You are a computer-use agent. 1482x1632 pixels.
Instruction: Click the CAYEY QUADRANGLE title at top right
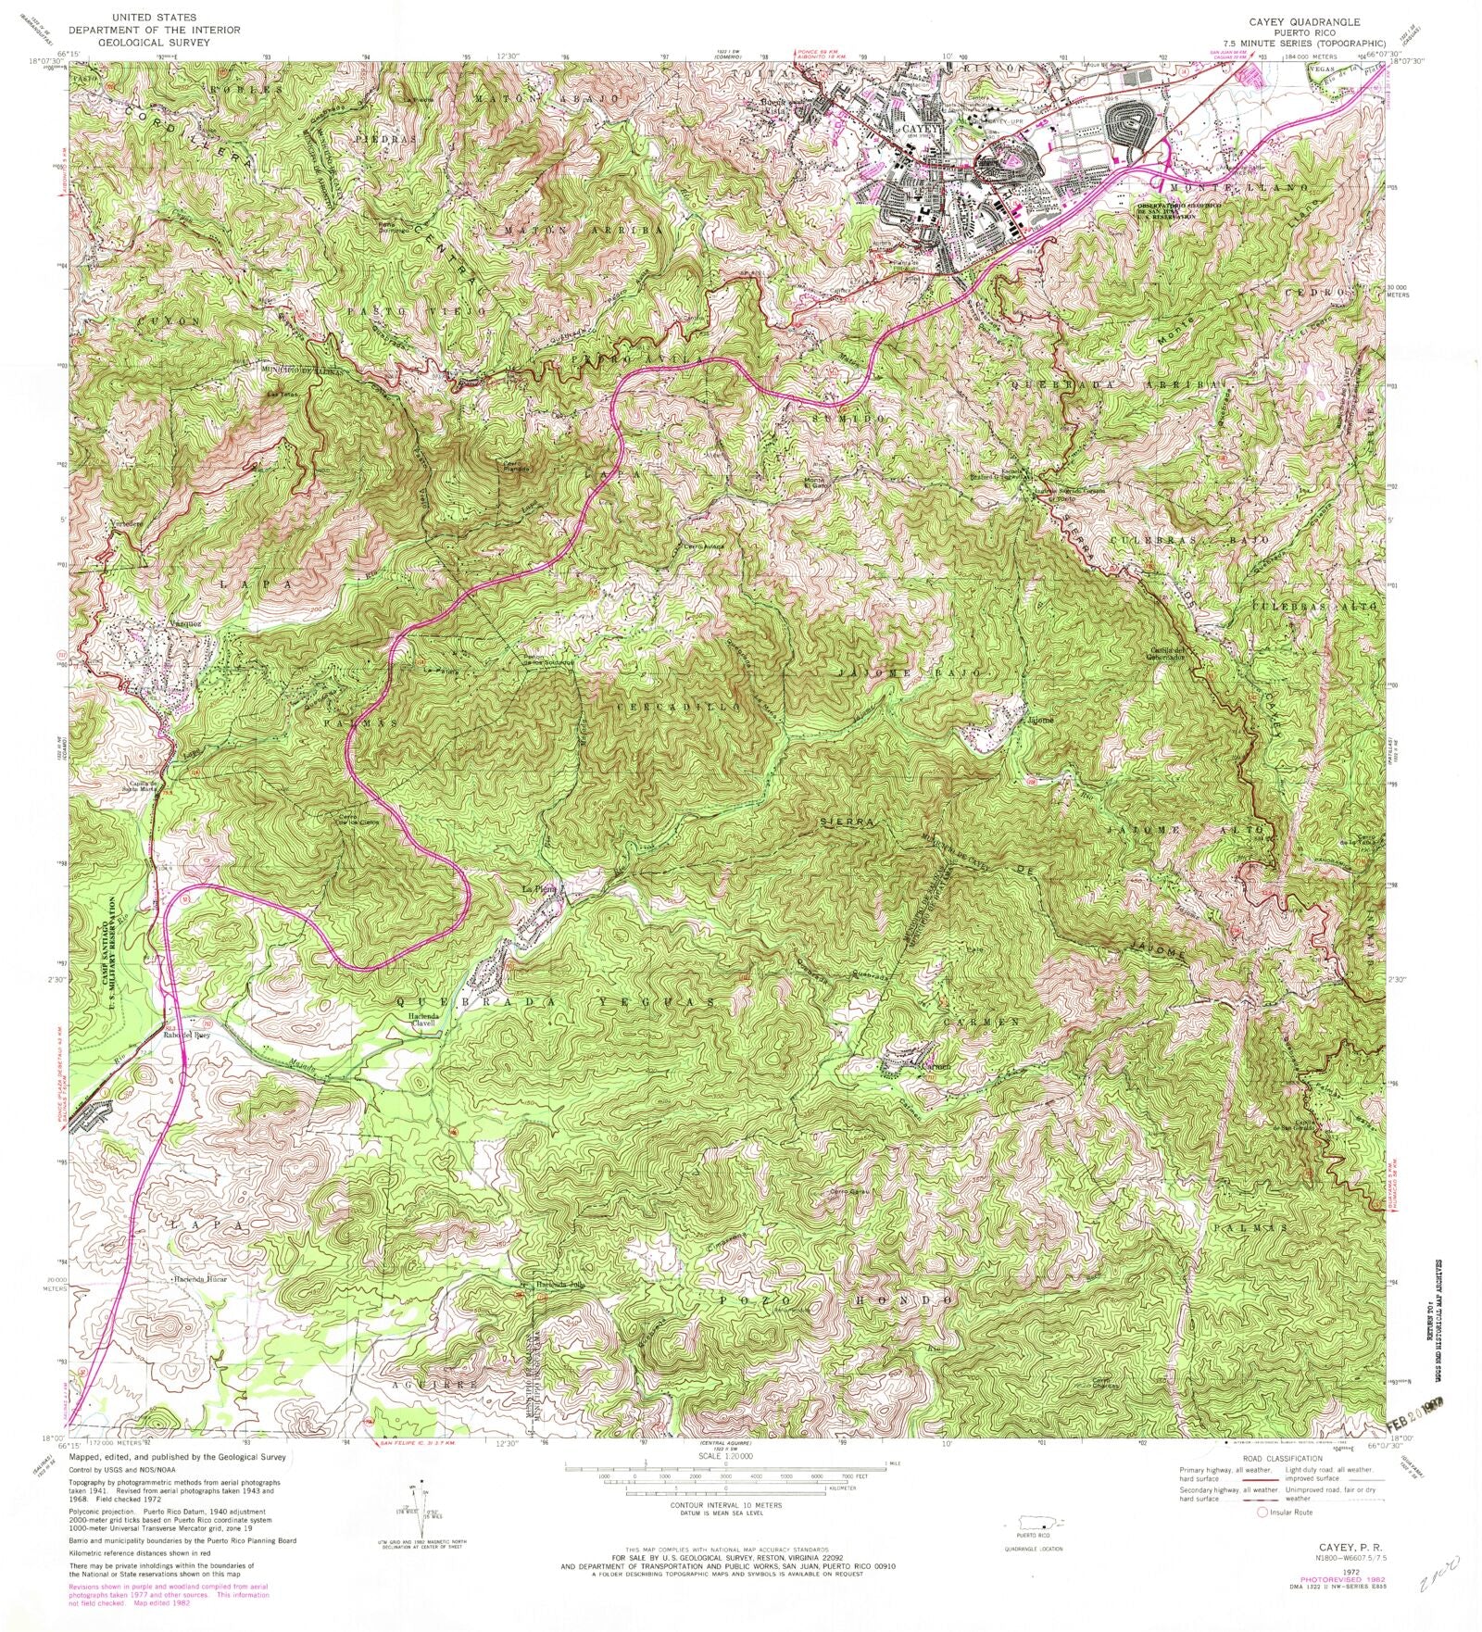1307,21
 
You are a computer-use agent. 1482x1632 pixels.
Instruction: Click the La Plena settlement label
541,889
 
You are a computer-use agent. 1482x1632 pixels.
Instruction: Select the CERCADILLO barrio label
679,707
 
